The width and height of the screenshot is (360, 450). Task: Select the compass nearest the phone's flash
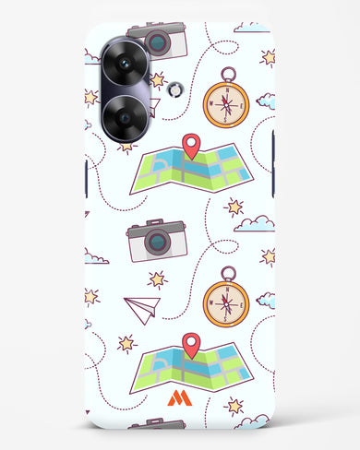(x=226, y=101)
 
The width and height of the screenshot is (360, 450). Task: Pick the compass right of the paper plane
(x=226, y=301)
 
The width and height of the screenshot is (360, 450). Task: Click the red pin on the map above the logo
(x=192, y=344)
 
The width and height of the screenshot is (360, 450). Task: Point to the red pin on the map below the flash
(x=192, y=145)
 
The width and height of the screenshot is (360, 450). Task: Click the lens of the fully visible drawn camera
(x=158, y=243)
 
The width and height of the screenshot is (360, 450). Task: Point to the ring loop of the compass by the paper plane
(x=227, y=272)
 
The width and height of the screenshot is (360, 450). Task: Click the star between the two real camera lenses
(x=91, y=96)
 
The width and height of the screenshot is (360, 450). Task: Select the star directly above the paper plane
(x=157, y=278)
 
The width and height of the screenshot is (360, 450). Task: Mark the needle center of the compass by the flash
(x=226, y=102)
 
